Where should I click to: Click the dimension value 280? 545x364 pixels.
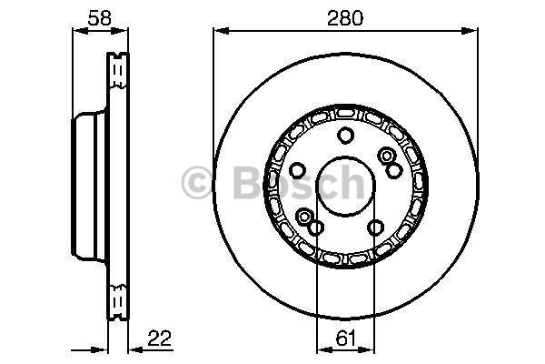tap(345, 18)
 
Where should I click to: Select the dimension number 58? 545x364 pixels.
tap(100, 18)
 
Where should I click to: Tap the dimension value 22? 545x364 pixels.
tap(160, 338)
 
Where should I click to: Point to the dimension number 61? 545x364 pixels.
tap(347, 338)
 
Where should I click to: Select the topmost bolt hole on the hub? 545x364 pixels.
tap(345, 136)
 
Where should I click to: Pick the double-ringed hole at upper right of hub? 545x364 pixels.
tap(386, 156)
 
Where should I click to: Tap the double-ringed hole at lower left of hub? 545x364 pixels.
tap(304, 217)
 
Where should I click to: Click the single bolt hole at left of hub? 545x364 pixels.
tap(297, 170)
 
